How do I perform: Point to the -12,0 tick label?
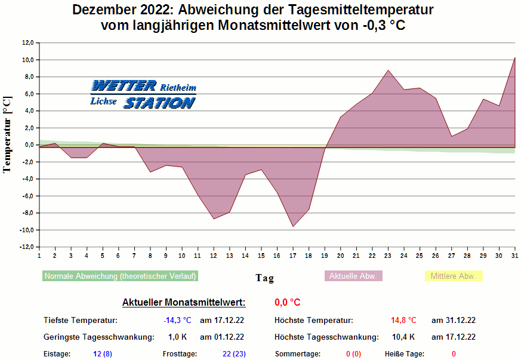pos(27,247)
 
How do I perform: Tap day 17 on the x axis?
pos(293,256)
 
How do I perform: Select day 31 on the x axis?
pos(515,256)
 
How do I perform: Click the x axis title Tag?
pos(264,278)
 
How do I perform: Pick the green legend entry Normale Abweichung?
pos(121,276)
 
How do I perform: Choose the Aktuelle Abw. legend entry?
pos(353,276)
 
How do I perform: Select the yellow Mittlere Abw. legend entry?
pos(453,276)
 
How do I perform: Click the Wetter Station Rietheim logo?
pos(143,94)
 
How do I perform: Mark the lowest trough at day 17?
pos(293,226)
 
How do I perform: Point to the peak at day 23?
pos(388,70)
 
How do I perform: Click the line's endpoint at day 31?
pos(514,58)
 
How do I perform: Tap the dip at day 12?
pos(214,219)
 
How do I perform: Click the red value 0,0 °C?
pos(288,303)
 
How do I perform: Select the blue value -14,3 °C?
pos(177,321)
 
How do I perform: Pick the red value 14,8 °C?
pos(403,321)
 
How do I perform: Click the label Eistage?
pos(57,354)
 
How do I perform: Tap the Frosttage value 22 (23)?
pos(234,354)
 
